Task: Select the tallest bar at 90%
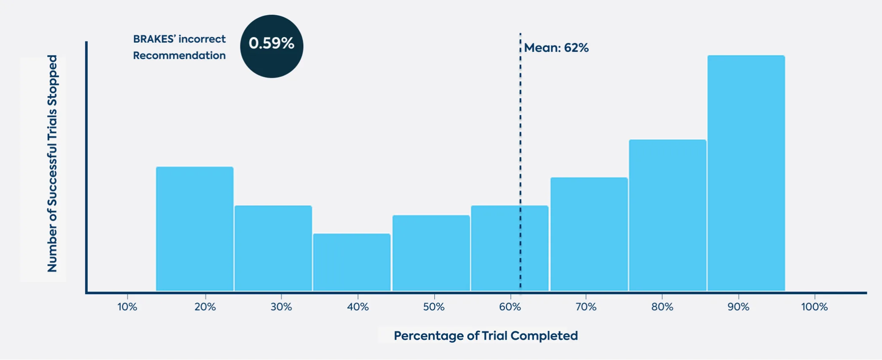746,173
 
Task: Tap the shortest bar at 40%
352,262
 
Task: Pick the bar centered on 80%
667,215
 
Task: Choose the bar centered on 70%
589,234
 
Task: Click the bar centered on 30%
273,248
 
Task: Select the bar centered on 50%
431,253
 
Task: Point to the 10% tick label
127,307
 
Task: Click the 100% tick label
814,307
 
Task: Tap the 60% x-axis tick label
510,307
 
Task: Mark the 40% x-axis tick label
358,307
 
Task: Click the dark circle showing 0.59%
272,46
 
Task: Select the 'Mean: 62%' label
556,48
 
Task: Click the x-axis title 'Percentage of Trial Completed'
486,336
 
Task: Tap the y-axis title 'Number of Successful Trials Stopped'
52,164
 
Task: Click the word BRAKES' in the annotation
154,39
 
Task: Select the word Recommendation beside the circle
179,56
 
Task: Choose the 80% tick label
662,307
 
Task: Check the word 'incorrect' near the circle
202,39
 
